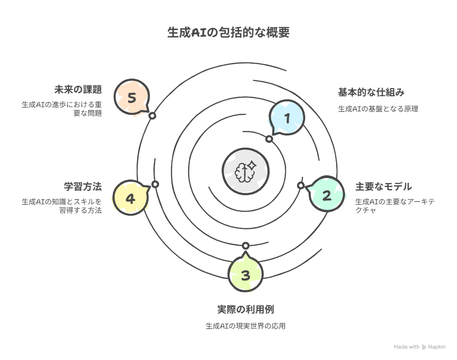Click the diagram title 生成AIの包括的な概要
point(228,33)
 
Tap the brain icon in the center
point(246,171)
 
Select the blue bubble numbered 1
point(287,118)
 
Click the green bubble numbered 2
point(327,195)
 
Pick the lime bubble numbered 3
point(245,275)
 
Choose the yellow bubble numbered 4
point(130,198)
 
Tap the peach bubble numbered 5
point(132,98)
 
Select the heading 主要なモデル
point(383,186)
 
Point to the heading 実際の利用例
point(245,310)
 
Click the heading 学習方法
point(83,186)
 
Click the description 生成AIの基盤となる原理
point(378,109)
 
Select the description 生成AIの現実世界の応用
point(245,326)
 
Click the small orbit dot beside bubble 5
point(152,116)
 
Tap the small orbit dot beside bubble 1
point(269,139)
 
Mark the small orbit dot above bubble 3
point(246,246)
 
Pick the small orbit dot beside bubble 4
point(155,184)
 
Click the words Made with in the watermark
point(406,347)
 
